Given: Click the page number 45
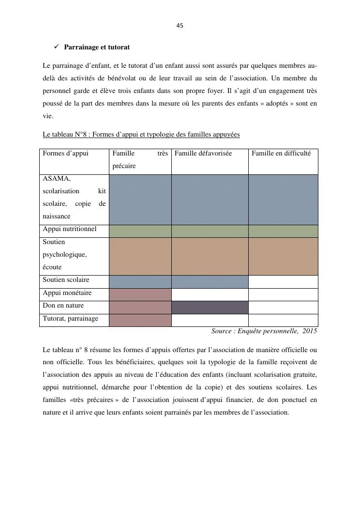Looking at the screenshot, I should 180,26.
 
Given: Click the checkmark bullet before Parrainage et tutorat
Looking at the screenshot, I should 56,47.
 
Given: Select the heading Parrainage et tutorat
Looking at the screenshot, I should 97,47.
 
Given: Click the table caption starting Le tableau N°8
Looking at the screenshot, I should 141,134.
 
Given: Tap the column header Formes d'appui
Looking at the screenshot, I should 66,154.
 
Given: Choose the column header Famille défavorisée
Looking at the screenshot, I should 203,154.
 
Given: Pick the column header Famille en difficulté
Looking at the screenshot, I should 281,154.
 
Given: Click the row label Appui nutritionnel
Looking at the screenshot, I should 70,229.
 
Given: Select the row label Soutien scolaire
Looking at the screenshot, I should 66,280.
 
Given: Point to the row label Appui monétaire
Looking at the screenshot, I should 67,293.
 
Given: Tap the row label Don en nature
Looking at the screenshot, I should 63,306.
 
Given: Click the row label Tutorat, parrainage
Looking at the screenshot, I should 71,319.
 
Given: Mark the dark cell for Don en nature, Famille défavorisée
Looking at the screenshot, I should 210,307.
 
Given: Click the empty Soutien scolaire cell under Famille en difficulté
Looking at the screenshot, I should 283,281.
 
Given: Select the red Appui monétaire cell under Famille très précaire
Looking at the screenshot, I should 140,294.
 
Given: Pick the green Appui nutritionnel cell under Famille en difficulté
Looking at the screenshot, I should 283,231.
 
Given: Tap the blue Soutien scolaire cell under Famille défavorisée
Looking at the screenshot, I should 210,281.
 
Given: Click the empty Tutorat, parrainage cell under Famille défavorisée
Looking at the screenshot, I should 210,320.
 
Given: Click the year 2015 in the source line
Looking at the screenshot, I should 310,331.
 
